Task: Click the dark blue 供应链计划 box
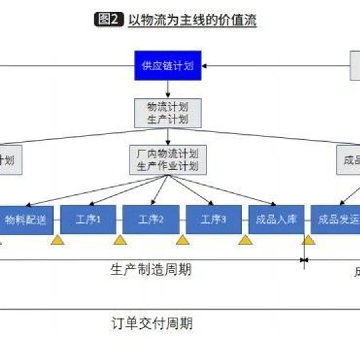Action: pyautogui.click(x=168, y=66)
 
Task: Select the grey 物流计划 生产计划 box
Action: pyautogui.click(x=168, y=113)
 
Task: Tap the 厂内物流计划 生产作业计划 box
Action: pyautogui.click(x=168, y=160)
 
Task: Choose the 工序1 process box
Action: pyautogui.click(x=88, y=220)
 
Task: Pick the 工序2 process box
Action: pyautogui.click(x=151, y=220)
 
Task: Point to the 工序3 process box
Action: pyautogui.click(x=214, y=220)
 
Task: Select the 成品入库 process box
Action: pyautogui.click(x=276, y=220)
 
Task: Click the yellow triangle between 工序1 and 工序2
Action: pyautogui.click(x=120, y=240)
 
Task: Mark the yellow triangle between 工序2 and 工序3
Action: pyautogui.click(x=183, y=240)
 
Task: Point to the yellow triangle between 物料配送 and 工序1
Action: pyautogui.click(x=58, y=240)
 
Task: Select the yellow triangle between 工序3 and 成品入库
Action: pyautogui.click(x=245, y=240)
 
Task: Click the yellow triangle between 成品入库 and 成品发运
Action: pyautogui.click(x=308, y=240)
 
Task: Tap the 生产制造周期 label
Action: pyautogui.click(x=151, y=269)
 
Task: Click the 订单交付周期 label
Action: pyautogui.click(x=152, y=323)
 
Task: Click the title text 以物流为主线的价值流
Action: pyautogui.click(x=192, y=20)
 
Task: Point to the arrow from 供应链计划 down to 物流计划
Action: pyautogui.click(x=168, y=89)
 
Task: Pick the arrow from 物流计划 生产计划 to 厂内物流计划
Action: pyautogui.click(x=168, y=136)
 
